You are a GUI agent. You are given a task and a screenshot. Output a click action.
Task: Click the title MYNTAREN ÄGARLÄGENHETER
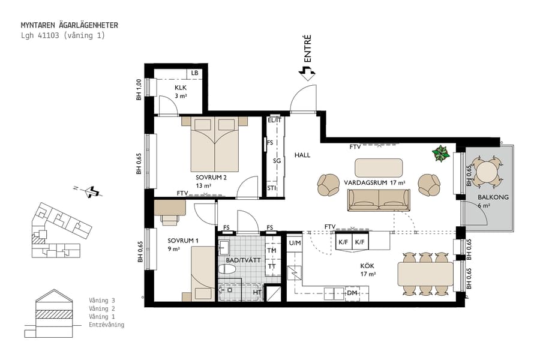(x=69, y=25)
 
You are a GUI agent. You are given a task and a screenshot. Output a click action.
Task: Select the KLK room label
(x=181, y=88)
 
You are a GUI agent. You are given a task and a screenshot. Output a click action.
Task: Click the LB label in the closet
(x=194, y=73)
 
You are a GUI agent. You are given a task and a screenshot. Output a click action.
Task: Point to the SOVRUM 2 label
(x=211, y=178)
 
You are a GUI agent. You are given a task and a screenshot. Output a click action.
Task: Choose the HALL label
(x=302, y=155)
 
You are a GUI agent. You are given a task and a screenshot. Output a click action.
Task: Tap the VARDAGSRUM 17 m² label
(x=374, y=182)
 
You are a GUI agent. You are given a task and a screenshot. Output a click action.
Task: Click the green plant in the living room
(x=442, y=154)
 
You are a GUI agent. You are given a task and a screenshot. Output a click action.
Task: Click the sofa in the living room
(x=379, y=200)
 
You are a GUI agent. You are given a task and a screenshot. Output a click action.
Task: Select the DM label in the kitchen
(x=352, y=293)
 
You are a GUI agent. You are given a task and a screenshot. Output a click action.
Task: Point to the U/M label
(x=294, y=243)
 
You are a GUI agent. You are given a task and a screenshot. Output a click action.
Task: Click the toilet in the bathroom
(x=228, y=269)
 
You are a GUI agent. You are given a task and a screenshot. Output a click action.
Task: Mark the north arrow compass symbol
(x=91, y=192)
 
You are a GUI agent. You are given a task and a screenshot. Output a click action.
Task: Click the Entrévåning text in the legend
(x=106, y=325)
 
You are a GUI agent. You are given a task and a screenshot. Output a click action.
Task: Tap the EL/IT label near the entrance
(x=275, y=120)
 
